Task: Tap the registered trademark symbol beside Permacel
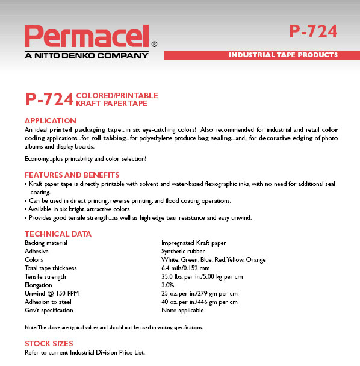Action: click(154, 44)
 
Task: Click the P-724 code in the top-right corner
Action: click(312, 31)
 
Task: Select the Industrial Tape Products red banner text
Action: click(283, 55)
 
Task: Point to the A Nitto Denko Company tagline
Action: click(86, 56)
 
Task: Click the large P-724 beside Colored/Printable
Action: click(49, 99)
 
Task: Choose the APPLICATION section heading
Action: click(50, 120)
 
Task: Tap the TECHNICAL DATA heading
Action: click(58, 234)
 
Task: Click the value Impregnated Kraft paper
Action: click(193, 243)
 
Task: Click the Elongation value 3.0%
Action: click(168, 285)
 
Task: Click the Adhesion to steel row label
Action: click(48, 302)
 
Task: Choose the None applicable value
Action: click(182, 311)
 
